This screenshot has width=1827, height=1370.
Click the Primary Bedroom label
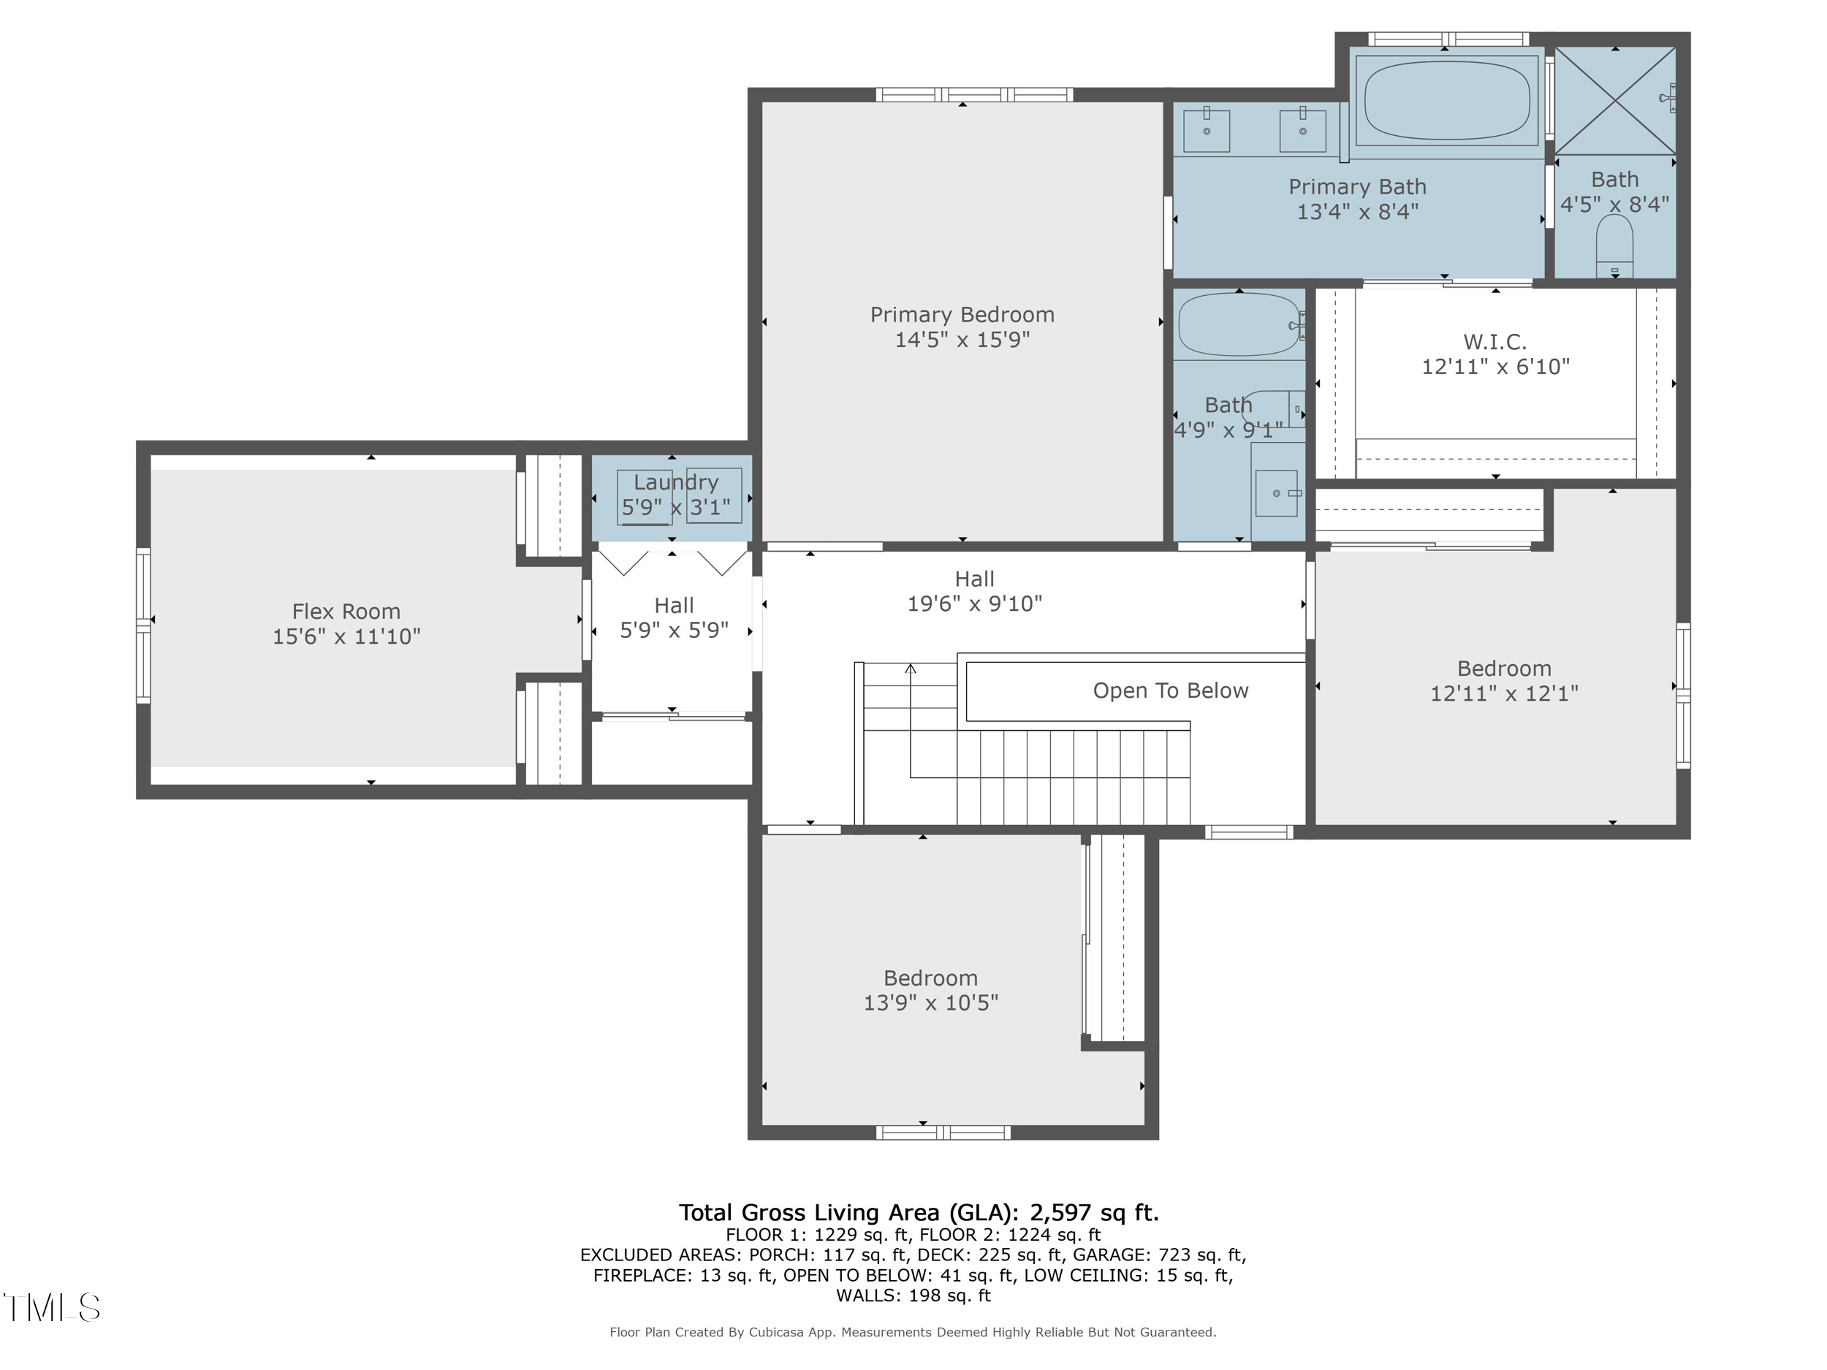tap(962, 315)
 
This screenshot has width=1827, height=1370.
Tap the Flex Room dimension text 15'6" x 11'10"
tap(346, 636)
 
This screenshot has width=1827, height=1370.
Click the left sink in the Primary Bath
tap(1206, 131)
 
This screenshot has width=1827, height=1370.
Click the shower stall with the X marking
tap(1615, 102)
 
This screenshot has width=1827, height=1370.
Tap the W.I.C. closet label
tap(1494, 341)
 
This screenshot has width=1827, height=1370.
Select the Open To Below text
tap(1169, 690)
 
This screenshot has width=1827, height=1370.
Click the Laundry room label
tap(676, 482)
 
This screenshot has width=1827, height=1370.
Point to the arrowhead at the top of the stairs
tap(910, 669)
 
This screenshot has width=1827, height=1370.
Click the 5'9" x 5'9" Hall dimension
tap(674, 630)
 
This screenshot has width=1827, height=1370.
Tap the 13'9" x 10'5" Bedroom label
tap(930, 978)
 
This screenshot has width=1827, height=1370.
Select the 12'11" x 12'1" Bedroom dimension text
tap(1503, 693)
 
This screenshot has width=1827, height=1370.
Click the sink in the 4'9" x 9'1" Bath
tap(1276, 493)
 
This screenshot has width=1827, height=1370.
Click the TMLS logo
tap(51, 1307)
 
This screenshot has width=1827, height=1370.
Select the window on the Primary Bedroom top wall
tap(974, 95)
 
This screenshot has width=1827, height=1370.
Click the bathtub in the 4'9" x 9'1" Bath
tap(1238, 325)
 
